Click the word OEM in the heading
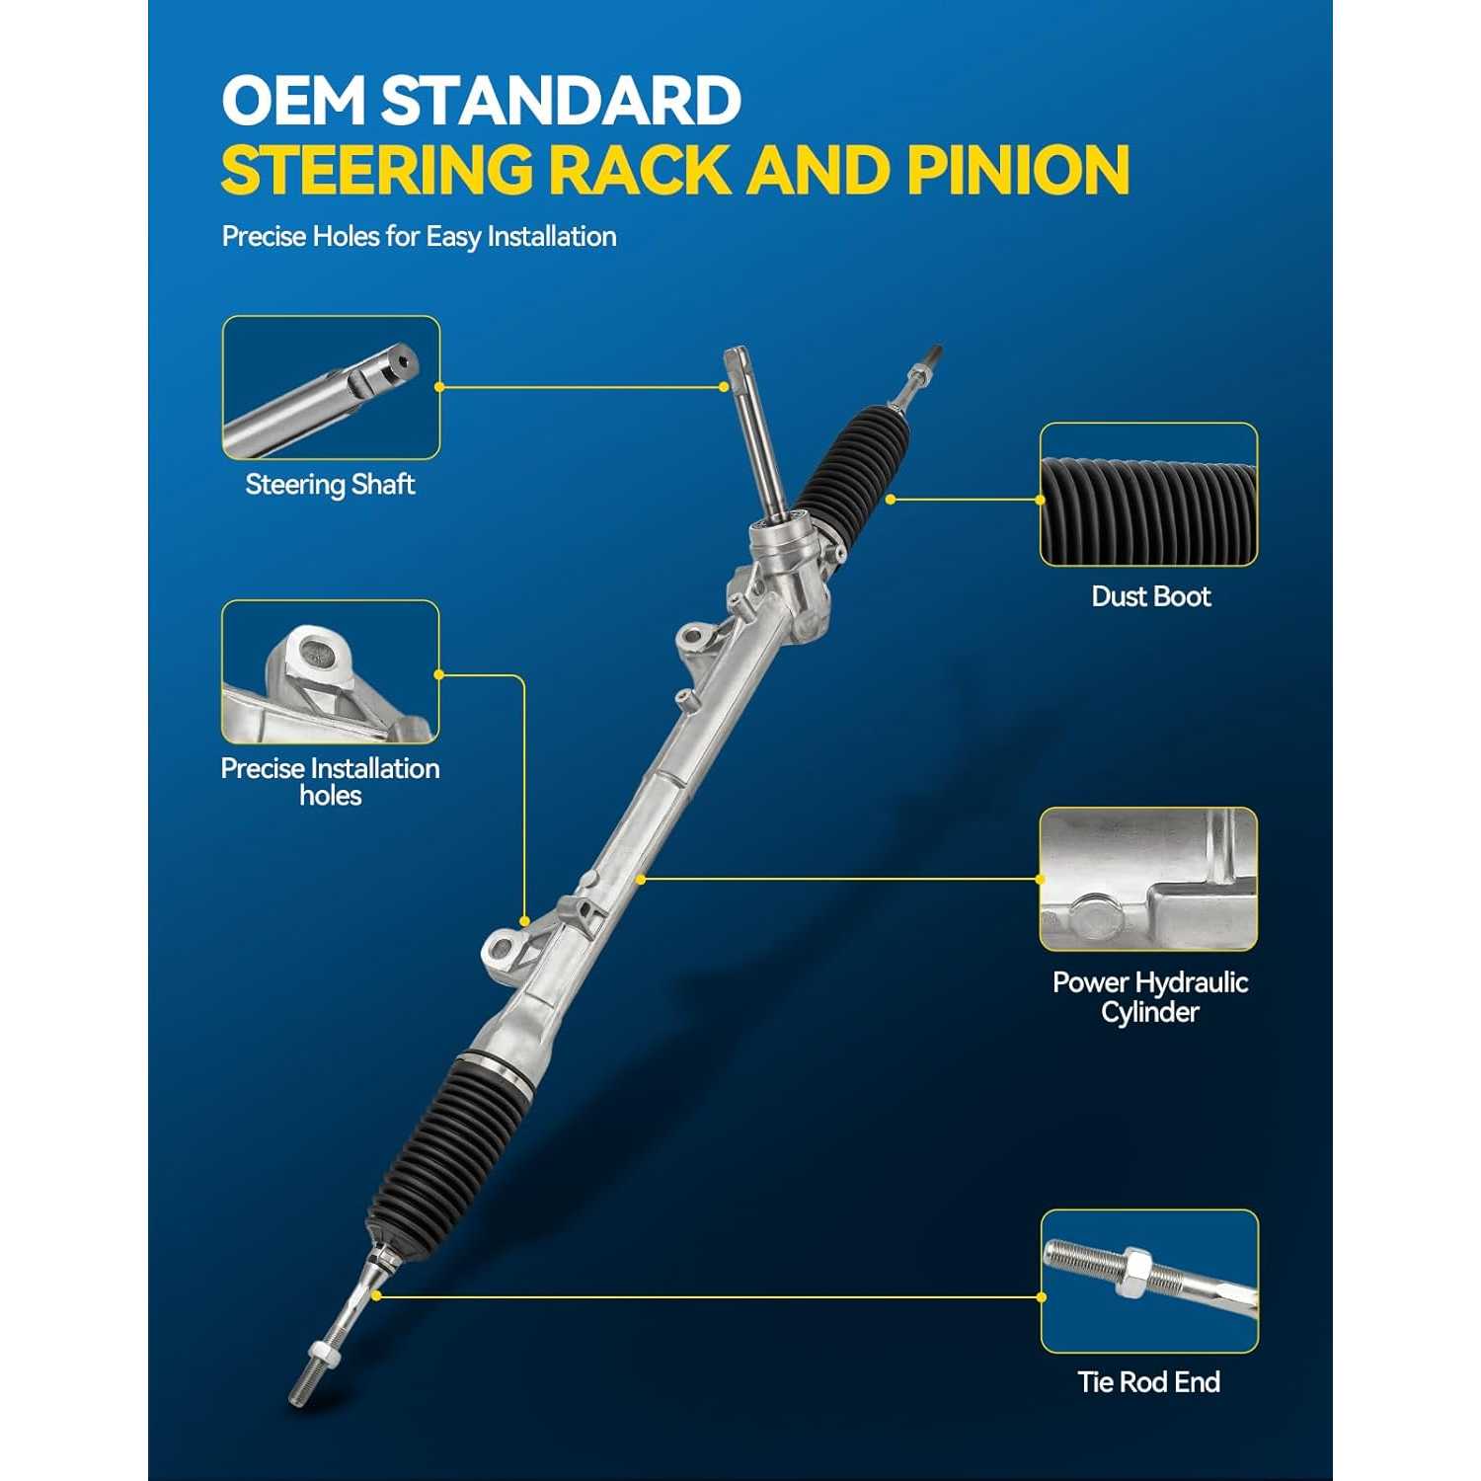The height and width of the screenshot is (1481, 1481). click(x=294, y=101)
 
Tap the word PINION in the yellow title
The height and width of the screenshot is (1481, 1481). click(x=1018, y=170)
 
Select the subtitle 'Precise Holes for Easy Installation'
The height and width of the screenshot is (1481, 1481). click(x=419, y=237)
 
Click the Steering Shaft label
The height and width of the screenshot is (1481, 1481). click(x=330, y=485)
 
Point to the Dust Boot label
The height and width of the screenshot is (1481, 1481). click(x=1150, y=596)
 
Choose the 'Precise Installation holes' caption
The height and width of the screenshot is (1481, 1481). click(x=330, y=782)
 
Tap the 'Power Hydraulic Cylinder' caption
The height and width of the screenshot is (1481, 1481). click(x=1150, y=997)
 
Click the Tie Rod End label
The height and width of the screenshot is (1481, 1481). click(x=1149, y=1382)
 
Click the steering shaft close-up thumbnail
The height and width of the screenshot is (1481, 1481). click(x=331, y=387)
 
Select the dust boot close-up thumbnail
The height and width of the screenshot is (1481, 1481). click(x=1148, y=495)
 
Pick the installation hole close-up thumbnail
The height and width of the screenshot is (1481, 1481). click(x=330, y=671)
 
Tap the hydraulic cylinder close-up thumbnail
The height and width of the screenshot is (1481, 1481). click(x=1148, y=879)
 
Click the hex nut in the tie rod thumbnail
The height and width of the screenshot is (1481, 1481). click(x=1131, y=1272)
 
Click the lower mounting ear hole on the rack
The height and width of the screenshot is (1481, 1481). click(x=502, y=950)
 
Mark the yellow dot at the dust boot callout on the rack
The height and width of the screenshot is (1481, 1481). click(x=891, y=500)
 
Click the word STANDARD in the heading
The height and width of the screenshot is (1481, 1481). click(x=562, y=101)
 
